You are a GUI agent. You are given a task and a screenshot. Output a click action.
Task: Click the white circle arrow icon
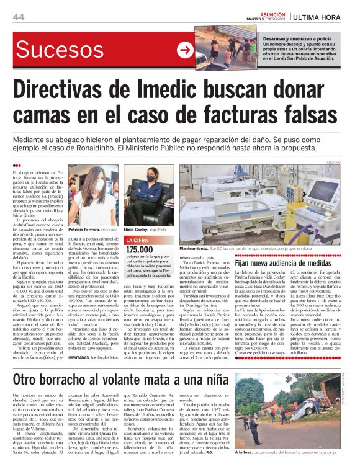[x=185, y=50]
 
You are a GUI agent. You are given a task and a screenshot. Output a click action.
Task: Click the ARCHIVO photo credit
[x=343, y=162]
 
